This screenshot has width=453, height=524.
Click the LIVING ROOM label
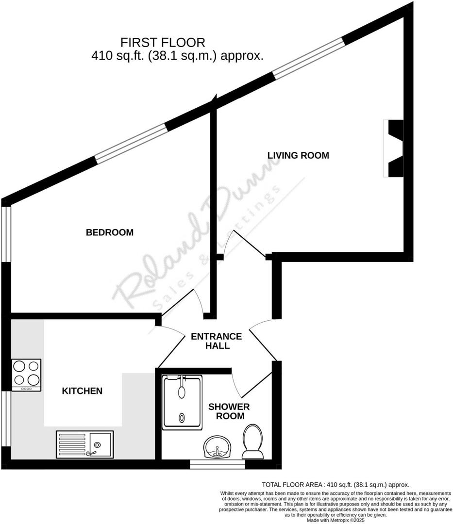click(x=298, y=155)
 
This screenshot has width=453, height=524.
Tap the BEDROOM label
click(x=109, y=232)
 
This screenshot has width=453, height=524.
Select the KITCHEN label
click(x=82, y=391)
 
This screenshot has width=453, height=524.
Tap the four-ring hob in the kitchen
click(x=26, y=375)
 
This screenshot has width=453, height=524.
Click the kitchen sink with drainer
click(x=85, y=444)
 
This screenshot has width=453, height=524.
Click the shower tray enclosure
click(x=182, y=402)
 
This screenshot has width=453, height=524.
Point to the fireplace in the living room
click(x=394, y=148)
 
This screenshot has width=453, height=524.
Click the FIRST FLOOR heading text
click(x=163, y=42)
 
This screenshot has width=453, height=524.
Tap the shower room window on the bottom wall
click(x=217, y=465)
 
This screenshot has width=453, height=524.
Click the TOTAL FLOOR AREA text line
click(x=336, y=484)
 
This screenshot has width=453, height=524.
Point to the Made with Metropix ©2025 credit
click(x=336, y=520)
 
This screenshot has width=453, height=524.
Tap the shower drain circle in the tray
click(x=182, y=417)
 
